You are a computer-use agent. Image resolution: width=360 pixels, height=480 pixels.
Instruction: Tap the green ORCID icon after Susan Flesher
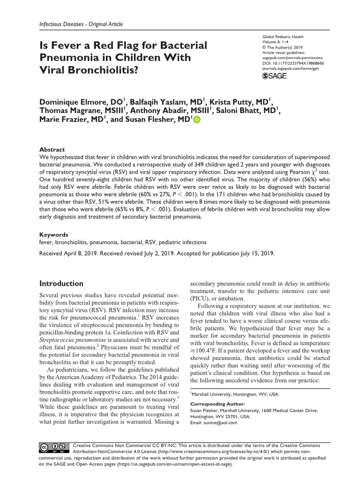pos(196,120)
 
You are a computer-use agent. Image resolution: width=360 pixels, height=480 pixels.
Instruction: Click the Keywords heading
pos(53,234)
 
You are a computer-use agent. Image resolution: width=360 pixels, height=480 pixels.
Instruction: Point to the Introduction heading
pos(61,284)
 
